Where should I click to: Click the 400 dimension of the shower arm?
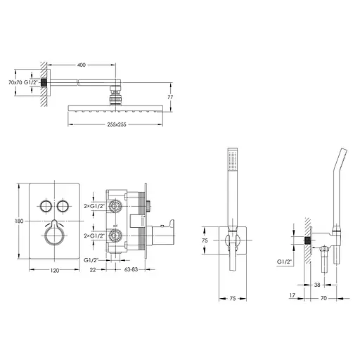click(x=82, y=65)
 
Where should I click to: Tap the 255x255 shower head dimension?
click(x=117, y=124)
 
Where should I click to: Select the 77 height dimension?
click(x=170, y=97)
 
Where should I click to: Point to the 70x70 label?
click(x=15, y=82)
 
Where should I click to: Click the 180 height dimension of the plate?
click(x=19, y=221)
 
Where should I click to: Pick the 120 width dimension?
click(x=55, y=271)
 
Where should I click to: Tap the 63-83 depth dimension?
click(x=131, y=269)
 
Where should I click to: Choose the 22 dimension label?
click(x=93, y=270)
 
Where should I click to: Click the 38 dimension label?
click(x=317, y=285)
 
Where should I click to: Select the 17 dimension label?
click(x=292, y=295)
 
